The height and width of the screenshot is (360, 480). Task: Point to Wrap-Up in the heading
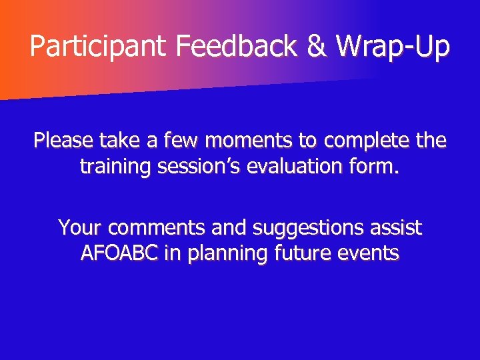[x=393, y=47]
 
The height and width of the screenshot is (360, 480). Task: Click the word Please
[x=63, y=141]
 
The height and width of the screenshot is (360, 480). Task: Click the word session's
[x=199, y=167]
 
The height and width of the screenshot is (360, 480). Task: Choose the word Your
[x=80, y=228]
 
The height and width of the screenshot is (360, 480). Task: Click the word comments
[x=158, y=228]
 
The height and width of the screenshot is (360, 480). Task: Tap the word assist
[x=398, y=228]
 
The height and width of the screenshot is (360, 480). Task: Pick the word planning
[x=222, y=253]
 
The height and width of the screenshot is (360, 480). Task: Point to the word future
[x=300, y=253]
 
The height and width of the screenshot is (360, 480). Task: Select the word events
[x=371, y=253]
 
